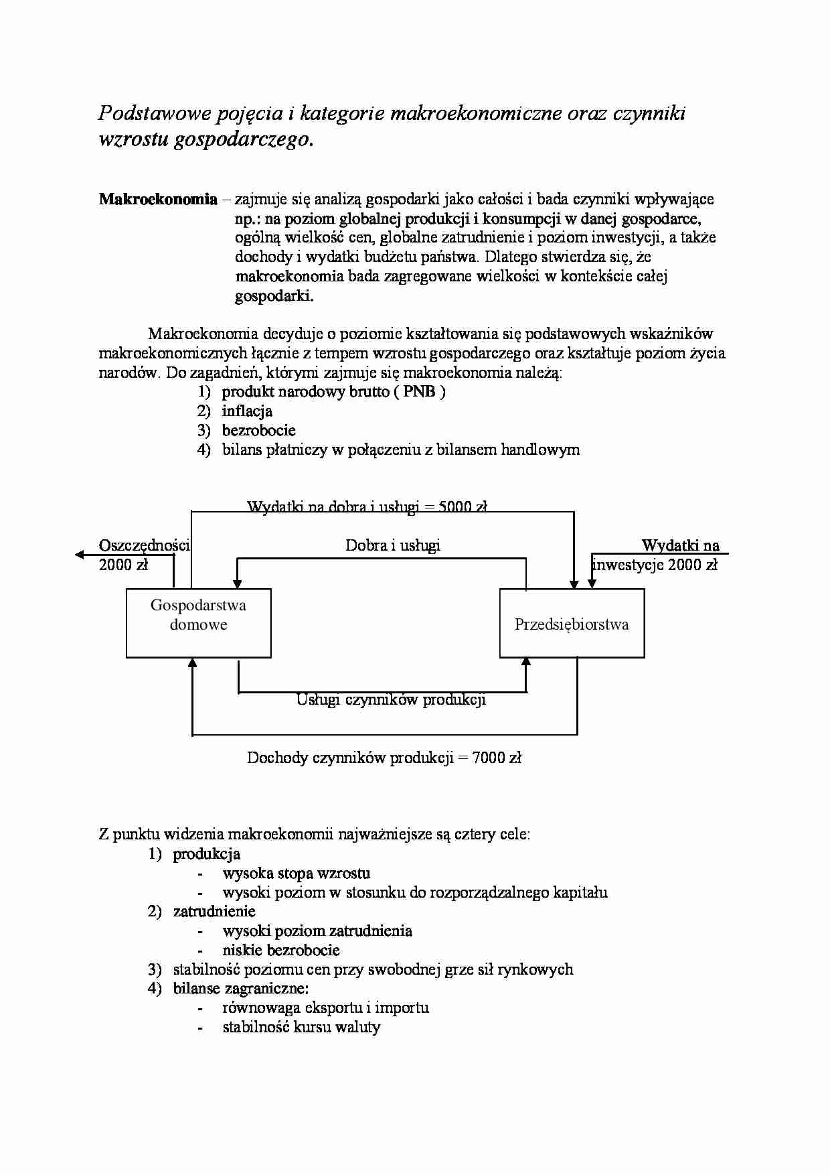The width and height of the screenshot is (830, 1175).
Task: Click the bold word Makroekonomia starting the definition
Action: [x=158, y=199]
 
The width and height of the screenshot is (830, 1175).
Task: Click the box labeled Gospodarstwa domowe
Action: [x=198, y=623]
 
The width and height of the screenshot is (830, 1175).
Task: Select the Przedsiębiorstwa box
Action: [x=572, y=624]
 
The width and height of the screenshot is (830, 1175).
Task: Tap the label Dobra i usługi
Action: [x=392, y=545]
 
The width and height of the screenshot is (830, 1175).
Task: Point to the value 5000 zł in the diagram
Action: [x=463, y=506]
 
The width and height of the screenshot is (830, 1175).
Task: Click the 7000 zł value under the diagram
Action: [x=497, y=758]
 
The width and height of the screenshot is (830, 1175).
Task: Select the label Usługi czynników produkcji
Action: [x=391, y=700]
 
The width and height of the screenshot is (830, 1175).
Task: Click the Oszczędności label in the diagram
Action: [x=144, y=545]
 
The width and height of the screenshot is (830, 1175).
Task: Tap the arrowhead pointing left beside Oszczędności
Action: [x=80, y=555]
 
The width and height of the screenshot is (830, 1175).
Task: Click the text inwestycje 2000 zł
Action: [x=655, y=565]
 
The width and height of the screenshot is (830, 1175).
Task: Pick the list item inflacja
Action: [x=247, y=411]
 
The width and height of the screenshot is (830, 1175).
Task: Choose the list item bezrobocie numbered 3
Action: [x=258, y=430]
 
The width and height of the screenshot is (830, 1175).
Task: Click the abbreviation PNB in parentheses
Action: [x=419, y=392]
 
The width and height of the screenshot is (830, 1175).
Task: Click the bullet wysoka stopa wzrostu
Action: [x=296, y=874]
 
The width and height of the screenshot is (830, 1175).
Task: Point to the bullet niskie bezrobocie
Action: [x=281, y=951]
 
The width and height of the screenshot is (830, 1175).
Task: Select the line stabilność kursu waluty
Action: [x=301, y=1027]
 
